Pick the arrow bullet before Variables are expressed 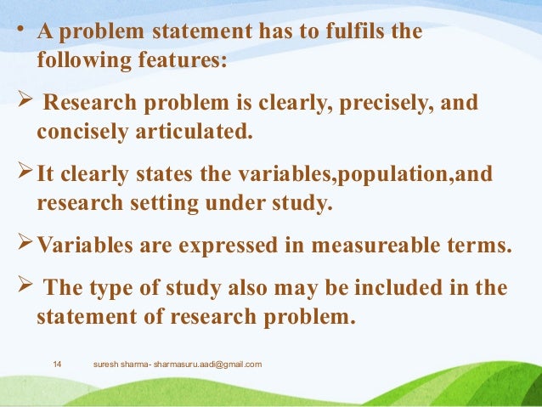[x=26, y=246]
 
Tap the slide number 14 [x=58, y=365]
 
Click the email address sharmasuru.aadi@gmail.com [x=207, y=365]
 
